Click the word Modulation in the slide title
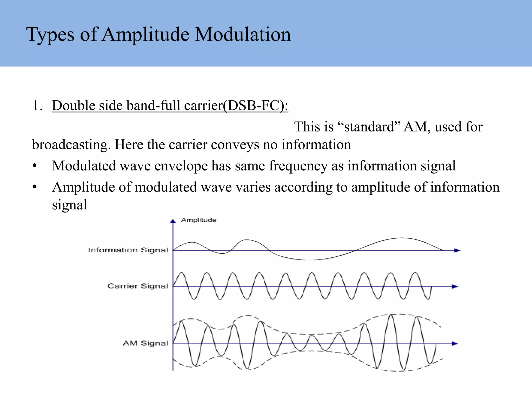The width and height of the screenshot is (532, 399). click(x=243, y=35)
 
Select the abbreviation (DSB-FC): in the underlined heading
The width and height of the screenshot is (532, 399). click(x=256, y=105)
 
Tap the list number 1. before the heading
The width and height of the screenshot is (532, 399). click(x=37, y=105)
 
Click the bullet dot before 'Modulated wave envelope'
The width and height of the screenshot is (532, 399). click(x=35, y=166)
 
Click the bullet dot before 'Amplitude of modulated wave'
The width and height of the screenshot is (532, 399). click(x=35, y=187)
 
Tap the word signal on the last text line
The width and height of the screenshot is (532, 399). click(x=69, y=205)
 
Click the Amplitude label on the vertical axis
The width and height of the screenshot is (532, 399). click(x=199, y=220)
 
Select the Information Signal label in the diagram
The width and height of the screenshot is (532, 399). click(x=128, y=250)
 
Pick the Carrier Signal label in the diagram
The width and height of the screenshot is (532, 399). click(x=138, y=286)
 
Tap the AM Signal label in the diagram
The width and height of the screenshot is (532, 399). click(x=145, y=343)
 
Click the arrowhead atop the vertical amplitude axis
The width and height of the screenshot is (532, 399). click(x=173, y=221)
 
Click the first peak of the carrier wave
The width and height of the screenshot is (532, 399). click(x=181, y=273)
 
